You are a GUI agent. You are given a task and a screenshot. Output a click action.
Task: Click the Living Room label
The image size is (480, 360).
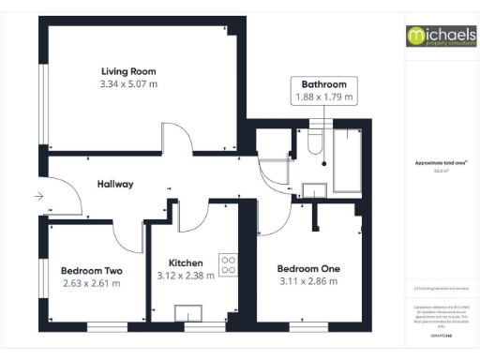click(128, 71)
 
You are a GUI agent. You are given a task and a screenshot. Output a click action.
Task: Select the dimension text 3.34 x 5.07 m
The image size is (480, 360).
click(128, 83)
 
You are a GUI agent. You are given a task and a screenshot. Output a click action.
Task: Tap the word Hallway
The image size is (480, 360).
click(115, 185)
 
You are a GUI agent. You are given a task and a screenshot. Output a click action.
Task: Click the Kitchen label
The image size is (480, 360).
click(185, 262)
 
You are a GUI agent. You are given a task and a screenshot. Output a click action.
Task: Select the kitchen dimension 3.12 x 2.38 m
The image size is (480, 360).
click(185, 276)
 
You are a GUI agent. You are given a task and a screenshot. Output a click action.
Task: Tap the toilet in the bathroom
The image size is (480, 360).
click(312, 146)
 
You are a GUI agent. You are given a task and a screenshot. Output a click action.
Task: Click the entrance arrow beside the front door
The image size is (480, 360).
click(37, 196)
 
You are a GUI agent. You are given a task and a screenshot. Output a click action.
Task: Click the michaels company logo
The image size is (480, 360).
click(440, 37)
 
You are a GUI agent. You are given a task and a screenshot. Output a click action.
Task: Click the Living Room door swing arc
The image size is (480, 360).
click(178, 142)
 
